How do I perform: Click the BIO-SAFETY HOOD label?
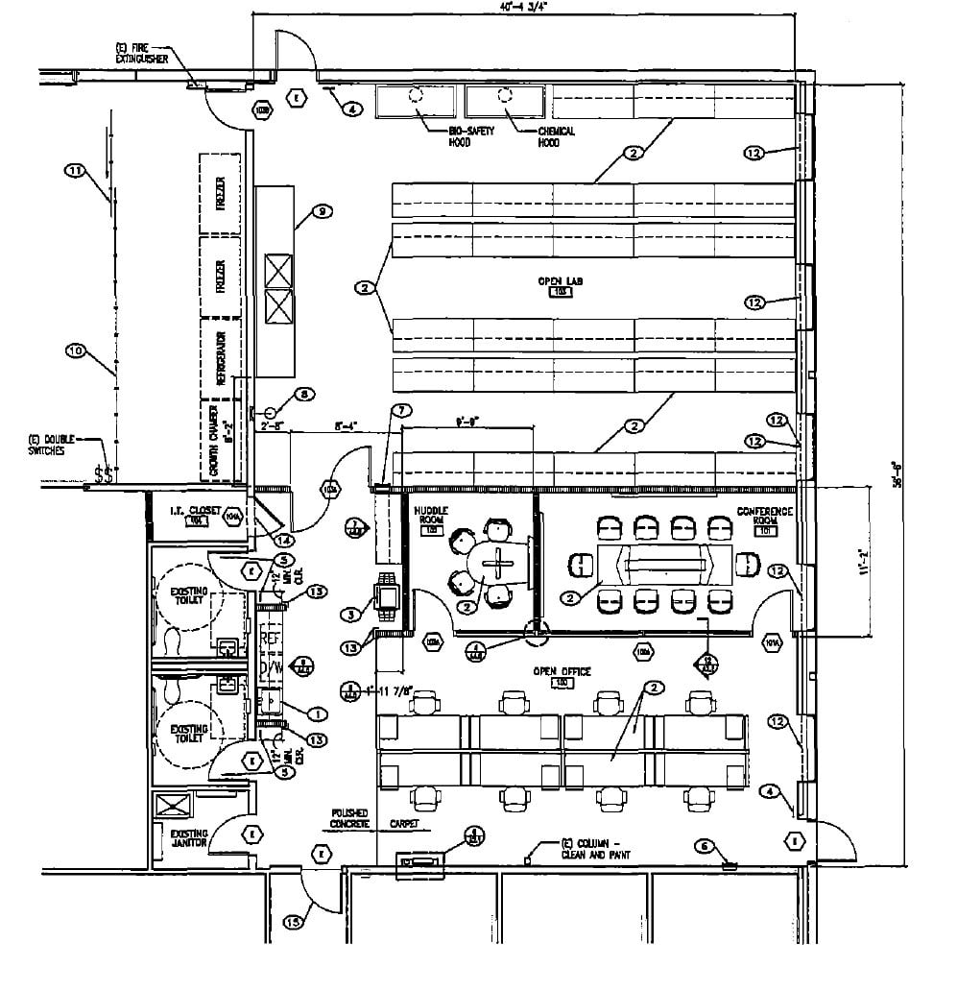[471, 136]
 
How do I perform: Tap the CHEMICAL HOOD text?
[556, 136]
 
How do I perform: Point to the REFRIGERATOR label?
[220, 358]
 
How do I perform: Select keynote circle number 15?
[294, 923]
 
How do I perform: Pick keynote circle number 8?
[303, 394]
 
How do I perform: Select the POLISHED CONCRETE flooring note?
[350, 818]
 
